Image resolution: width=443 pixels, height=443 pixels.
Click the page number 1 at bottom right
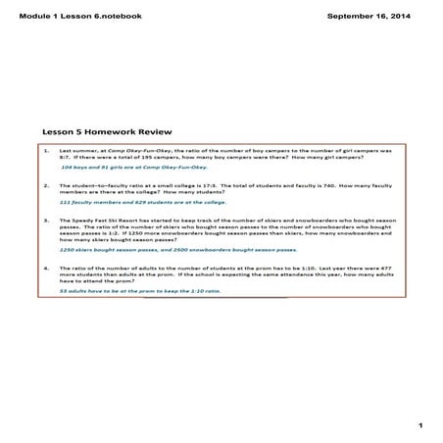pyautogui.click(x=418, y=424)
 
